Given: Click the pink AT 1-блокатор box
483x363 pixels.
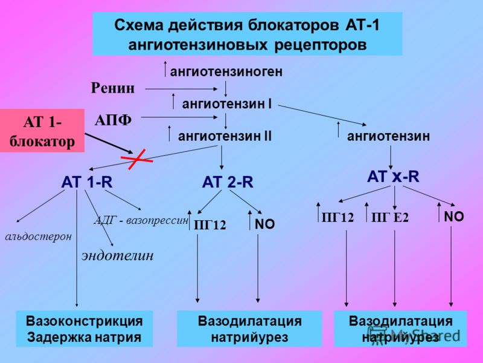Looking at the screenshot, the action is [x=42, y=131].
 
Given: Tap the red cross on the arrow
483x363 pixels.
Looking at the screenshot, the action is [x=137, y=159].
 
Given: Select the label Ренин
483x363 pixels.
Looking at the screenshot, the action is [x=113, y=88].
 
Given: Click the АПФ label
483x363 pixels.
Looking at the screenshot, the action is [x=113, y=120].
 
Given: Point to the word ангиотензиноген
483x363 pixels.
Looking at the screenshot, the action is [x=226, y=71].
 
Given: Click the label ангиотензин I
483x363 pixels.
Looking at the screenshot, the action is [x=227, y=104].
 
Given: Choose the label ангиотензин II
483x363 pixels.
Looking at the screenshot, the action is [x=225, y=136].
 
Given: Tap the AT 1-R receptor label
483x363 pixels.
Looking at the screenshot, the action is [x=87, y=182].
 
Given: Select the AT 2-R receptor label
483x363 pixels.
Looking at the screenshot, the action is [x=228, y=182].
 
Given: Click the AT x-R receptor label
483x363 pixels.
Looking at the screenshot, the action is [x=393, y=177].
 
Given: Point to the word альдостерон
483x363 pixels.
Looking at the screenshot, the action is [x=39, y=237].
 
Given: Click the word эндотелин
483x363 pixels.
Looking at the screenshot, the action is [x=117, y=256].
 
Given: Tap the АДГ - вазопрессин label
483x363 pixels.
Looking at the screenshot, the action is [x=141, y=220].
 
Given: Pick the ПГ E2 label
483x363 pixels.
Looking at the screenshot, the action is [x=390, y=218].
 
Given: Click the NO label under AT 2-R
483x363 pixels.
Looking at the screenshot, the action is [x=265, y=224].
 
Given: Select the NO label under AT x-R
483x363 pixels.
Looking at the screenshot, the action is [x=454, y=217].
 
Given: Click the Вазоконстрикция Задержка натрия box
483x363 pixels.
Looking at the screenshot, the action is [x=85, y=329].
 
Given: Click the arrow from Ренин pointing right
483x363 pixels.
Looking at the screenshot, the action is [x=181, y=89].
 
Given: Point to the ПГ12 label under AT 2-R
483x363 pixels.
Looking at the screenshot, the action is [x=210, y=225].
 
